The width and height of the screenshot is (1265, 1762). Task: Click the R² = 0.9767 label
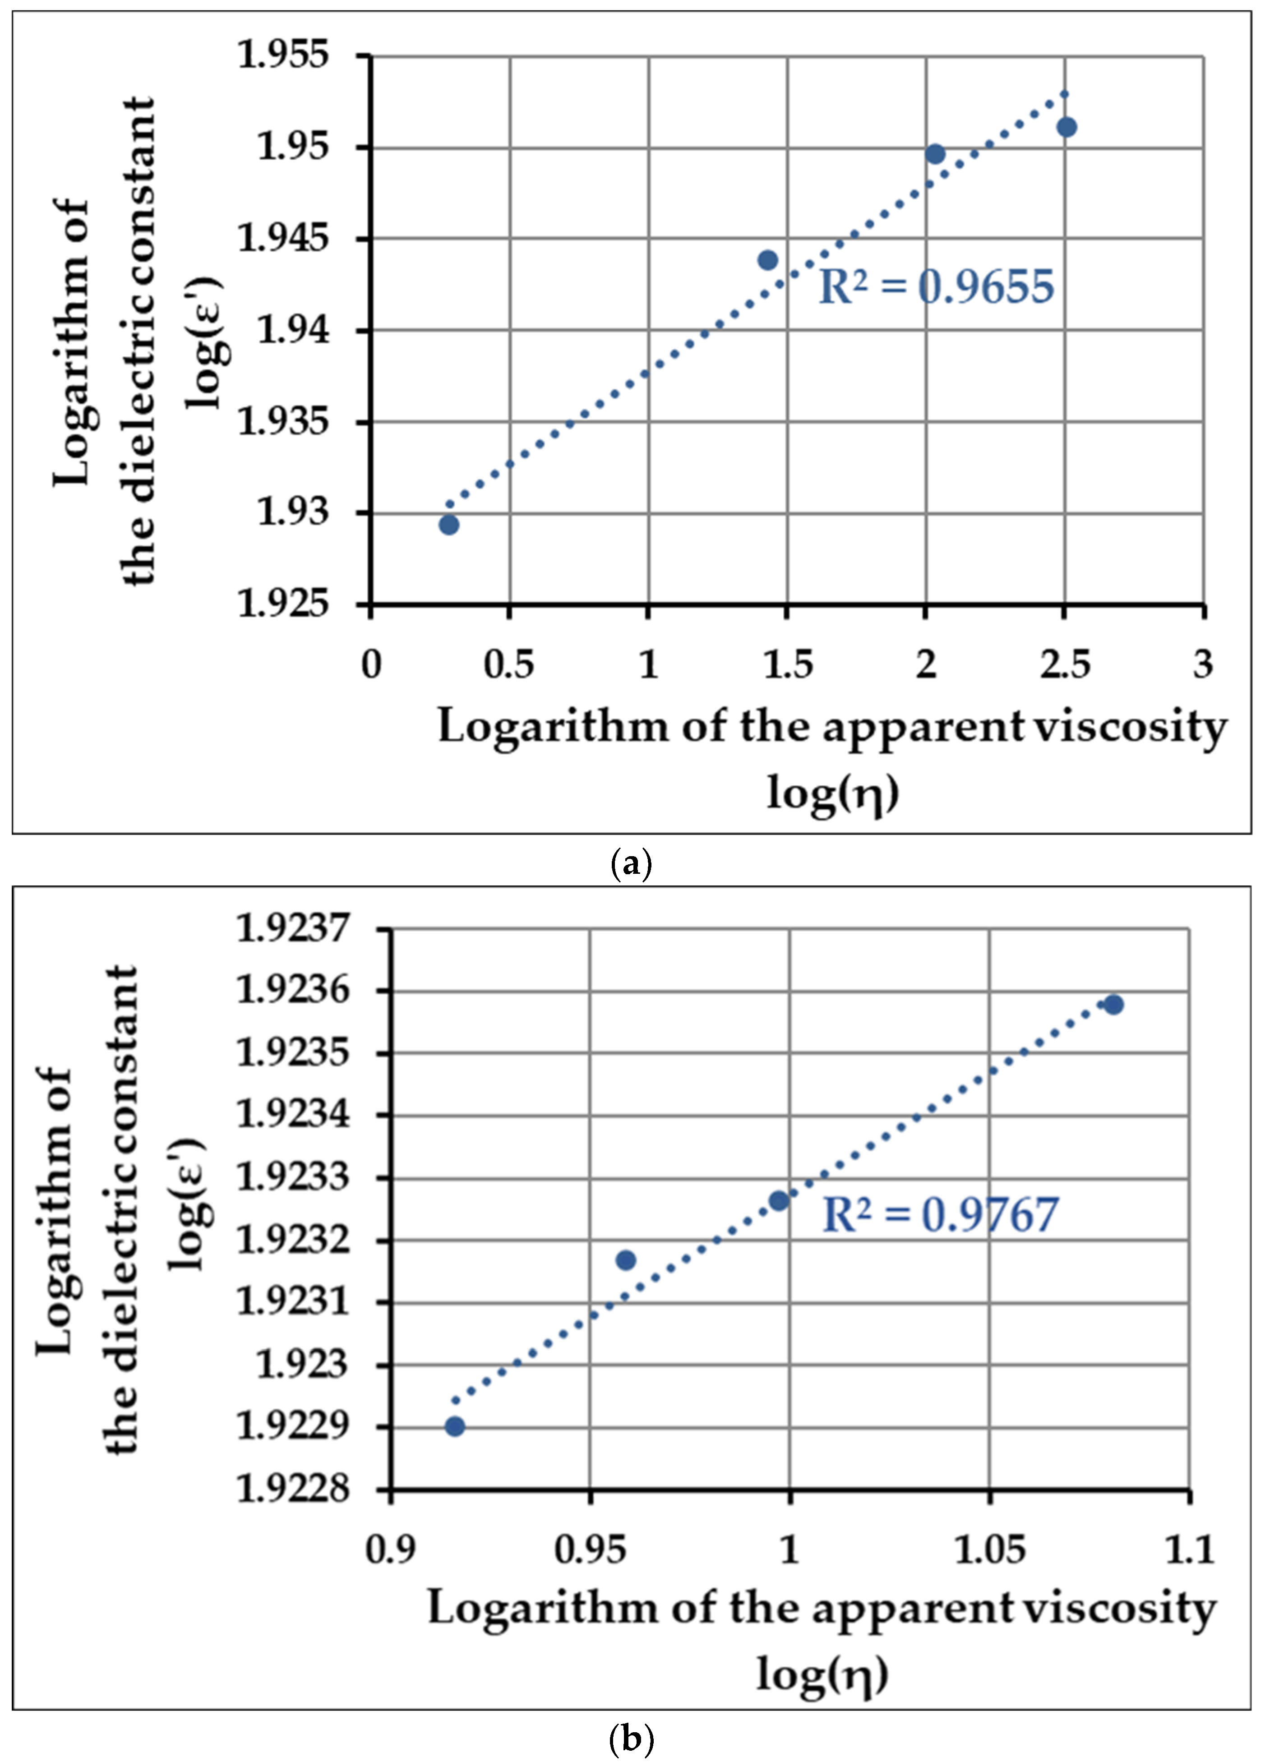(x=940, y=1215)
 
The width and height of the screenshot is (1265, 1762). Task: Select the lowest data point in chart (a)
(x=449, y=525)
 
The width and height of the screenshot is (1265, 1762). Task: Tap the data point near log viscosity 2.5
(x=1067, y=127)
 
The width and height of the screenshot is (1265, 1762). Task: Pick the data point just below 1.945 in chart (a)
(x=768, y=260)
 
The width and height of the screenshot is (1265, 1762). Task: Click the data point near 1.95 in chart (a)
(x=936, y=154)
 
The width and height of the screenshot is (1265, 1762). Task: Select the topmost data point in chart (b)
(x=1113, y=1005)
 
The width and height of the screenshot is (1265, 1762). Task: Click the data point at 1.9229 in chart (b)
(x=455, y=1426)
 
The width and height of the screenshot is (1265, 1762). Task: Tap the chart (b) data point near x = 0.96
(x=625, y=1260)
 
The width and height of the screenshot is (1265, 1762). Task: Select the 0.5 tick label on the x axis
(x=509, y=665)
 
